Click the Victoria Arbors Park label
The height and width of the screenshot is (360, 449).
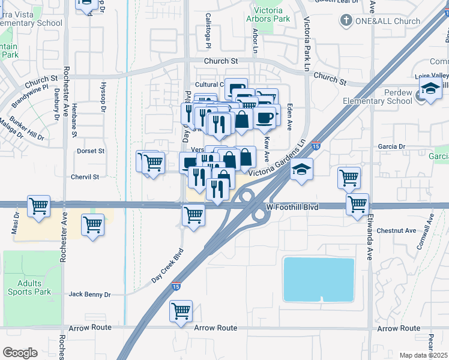pyautogui.click(x=265, y=14)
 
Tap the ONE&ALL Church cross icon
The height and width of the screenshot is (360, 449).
pyautogui.click(x=346, y=22)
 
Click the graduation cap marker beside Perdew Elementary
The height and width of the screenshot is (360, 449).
pyautogui.click(x=430, y=89)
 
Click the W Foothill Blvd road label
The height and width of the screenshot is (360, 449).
pyautogui.click(x=291, y=208)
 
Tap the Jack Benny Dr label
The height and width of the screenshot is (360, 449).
pyautogui.click(x=90, y=295)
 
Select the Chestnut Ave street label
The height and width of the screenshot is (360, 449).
pyautogui.click(x=396, y=230)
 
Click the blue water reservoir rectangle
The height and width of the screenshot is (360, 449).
pyautogui.click(x=318, y=279)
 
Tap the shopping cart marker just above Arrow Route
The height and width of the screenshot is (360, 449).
pyautogui.click(x=181, y=311)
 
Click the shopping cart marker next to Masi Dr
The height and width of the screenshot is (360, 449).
pyautogui.click(x=39, y=206)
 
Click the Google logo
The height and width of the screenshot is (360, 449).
pyautogui.click(x=20, y=352)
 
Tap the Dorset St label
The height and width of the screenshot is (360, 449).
pyautogui.click(x=90, y=151)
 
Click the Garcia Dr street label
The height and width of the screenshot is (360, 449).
pyautogui.click(x=392, y=146)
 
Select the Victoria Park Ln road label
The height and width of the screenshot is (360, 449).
pyautogui.click(x=307, y=36)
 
